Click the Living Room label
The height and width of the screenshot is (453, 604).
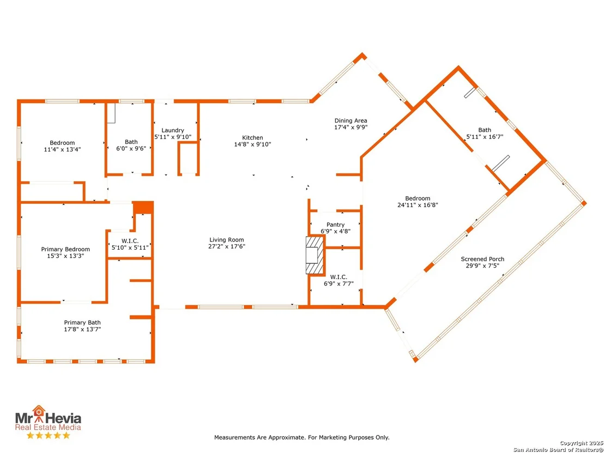pyautogui.click(x=227, y=240)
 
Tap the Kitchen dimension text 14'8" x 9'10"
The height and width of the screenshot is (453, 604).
pyautogui.click(x=253, y=144)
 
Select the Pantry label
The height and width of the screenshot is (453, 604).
pyautogui.click(x=335, y=225)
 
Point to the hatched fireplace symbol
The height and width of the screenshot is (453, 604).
pyautogui.click(x=315, y=255)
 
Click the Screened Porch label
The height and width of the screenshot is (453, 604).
pyautogui.click(x=482, y=259)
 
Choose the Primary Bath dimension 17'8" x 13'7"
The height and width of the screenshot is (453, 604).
pyautogui.click(x=82, y=329)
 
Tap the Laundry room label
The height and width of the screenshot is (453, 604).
pyautogui.click(x=173, y=130)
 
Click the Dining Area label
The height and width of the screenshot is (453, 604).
pyautogui.click(x=351, y=120)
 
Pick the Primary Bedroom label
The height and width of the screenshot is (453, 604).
pyautogui.click(x=65, y=249)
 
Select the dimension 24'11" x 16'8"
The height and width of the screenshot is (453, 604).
pyautogui.click(x=418, y=205)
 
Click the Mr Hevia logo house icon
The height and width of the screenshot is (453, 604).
pyautogui.click(x=39, y=413)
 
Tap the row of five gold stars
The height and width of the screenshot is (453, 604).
pyautogui.click(x=48, y=435)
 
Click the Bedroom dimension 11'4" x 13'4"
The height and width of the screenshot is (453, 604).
pyautogui.click(x=62, y=149)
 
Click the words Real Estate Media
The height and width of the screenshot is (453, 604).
pyautogui.click(x=48, y=427)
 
